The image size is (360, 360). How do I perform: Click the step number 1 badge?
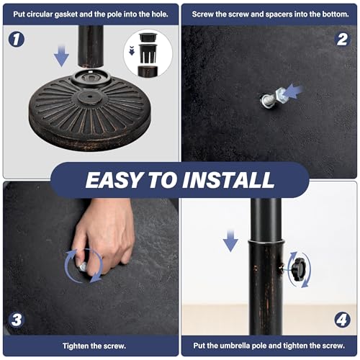point(17,39)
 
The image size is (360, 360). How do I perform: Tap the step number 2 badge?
point(342,40)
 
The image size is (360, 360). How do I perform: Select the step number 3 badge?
point(17,320)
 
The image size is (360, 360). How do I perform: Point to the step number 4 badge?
point(342,320)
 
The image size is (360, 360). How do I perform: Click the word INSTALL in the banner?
point(228,180)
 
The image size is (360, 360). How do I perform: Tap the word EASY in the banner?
point(114,180)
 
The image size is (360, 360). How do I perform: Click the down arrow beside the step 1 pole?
point(61,55)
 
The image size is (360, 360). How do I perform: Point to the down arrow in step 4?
point(230,240)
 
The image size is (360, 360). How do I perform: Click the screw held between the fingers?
point(83,266)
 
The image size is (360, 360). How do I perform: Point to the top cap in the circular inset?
point(148,37)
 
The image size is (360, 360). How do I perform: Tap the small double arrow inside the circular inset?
point(132,50)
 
